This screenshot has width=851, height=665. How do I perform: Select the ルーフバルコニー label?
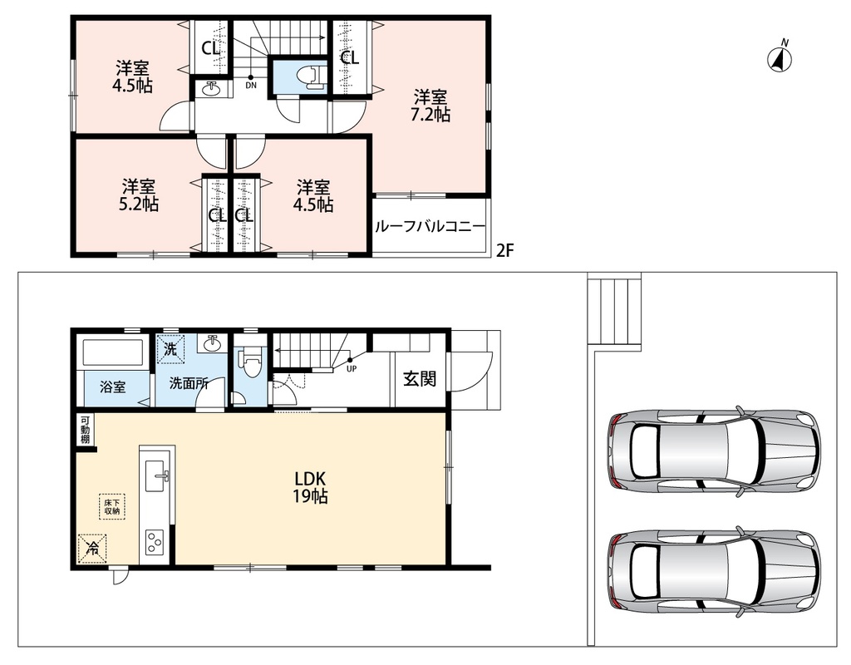click(430, 227)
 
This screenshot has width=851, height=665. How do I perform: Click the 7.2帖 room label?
click(431, 106)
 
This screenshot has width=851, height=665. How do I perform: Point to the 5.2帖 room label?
click(139, 195)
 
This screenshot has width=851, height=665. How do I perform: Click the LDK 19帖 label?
click(310, 487)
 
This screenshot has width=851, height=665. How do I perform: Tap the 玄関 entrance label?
click(420, 378)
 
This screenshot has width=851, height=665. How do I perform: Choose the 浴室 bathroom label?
click(113, 387)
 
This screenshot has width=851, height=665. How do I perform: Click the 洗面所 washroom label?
click(189, 383)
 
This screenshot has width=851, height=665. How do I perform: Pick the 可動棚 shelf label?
click(86, 430)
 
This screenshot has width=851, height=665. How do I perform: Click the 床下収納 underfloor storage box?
click(112, 506)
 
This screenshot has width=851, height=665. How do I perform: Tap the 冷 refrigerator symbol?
click(91, 549)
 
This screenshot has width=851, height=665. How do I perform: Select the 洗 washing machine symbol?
click(170, 348)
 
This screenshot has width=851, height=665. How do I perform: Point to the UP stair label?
click(352, 368)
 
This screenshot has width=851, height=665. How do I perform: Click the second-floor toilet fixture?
click(311, 76)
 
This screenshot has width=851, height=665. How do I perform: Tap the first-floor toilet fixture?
click(251, 362)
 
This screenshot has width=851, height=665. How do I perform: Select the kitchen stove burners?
click(154, 540)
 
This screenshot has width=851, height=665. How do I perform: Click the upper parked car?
click(714, 451)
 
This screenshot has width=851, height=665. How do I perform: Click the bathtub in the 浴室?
click(113, 352)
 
